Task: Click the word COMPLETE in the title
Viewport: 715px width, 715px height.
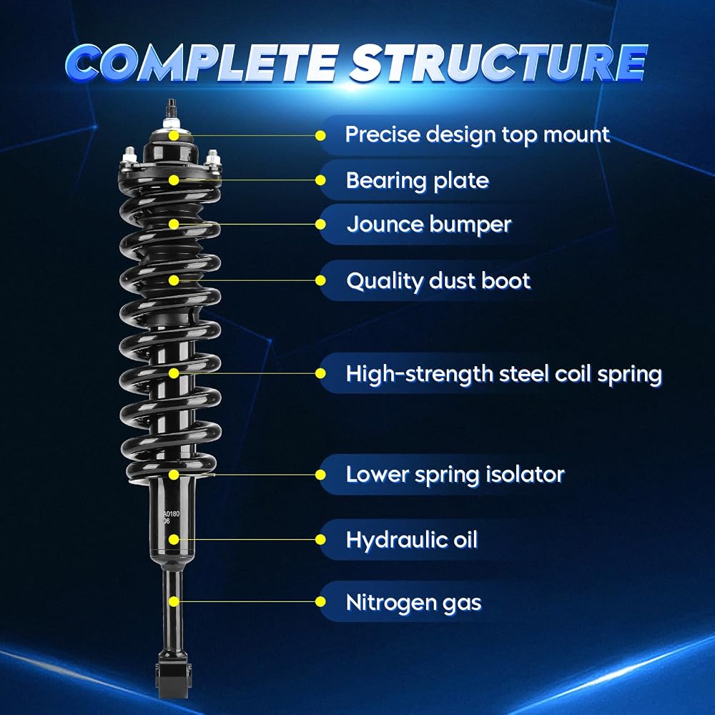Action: click(x=203, y=62)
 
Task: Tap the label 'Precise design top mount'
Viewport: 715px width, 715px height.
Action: click(x=477, y=135)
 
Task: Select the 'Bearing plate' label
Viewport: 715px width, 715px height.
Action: click(x=418, y=181)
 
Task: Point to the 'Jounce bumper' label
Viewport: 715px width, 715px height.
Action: click(x=428, y=225)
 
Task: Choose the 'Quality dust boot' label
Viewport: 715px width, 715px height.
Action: click(x=438, y=281)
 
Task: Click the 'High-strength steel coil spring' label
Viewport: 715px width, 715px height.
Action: click(x=503, y=374)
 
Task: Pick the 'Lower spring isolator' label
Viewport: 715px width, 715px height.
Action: click(x=455, y=475)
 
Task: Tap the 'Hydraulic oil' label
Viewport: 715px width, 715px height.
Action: click(x=411, y=540)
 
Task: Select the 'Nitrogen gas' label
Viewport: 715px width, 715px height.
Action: click(x=413, y=602)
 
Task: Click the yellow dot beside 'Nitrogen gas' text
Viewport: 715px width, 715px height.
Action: click(x=320, y=602)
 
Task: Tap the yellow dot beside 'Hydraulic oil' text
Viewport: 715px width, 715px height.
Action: click(x=320, y=539)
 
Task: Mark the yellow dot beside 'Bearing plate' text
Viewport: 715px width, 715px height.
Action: click(x=320, y=181)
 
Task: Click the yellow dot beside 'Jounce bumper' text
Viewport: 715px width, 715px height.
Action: click(x=320, y=225)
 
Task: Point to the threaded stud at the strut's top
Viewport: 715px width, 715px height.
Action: click(x=172, y=109)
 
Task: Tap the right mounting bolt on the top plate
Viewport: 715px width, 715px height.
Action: click(x=212, y=158)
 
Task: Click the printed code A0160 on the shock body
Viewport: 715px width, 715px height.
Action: click(x=172, y=514)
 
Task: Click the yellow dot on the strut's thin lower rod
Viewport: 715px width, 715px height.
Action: click(x=174, y=601)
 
